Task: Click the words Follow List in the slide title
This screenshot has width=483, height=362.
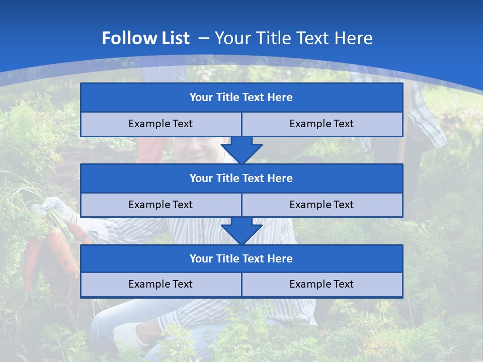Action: [145, 38]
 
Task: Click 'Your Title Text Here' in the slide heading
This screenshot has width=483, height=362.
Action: [293, 38]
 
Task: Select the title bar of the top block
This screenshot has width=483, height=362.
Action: [242, 98]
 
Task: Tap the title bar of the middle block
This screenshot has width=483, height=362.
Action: [242, 178]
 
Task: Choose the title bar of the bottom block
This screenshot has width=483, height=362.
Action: [242, 258]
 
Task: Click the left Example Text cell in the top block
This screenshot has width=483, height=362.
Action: [160, 124]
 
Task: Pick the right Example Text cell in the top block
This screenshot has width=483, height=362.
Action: [321, 124]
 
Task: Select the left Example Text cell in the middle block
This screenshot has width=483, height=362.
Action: [160, 205]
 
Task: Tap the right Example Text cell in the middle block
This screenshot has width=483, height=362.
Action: [321, 205]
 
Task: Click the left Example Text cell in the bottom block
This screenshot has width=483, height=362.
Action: [160, 284]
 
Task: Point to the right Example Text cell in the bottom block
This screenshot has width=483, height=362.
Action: [321, 284]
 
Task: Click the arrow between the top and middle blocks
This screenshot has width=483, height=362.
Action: [242, 150]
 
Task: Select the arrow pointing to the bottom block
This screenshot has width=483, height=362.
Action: [242, 231]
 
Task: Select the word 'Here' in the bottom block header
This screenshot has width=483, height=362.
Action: [280, 258]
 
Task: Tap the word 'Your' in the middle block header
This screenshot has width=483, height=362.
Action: [201, 178]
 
